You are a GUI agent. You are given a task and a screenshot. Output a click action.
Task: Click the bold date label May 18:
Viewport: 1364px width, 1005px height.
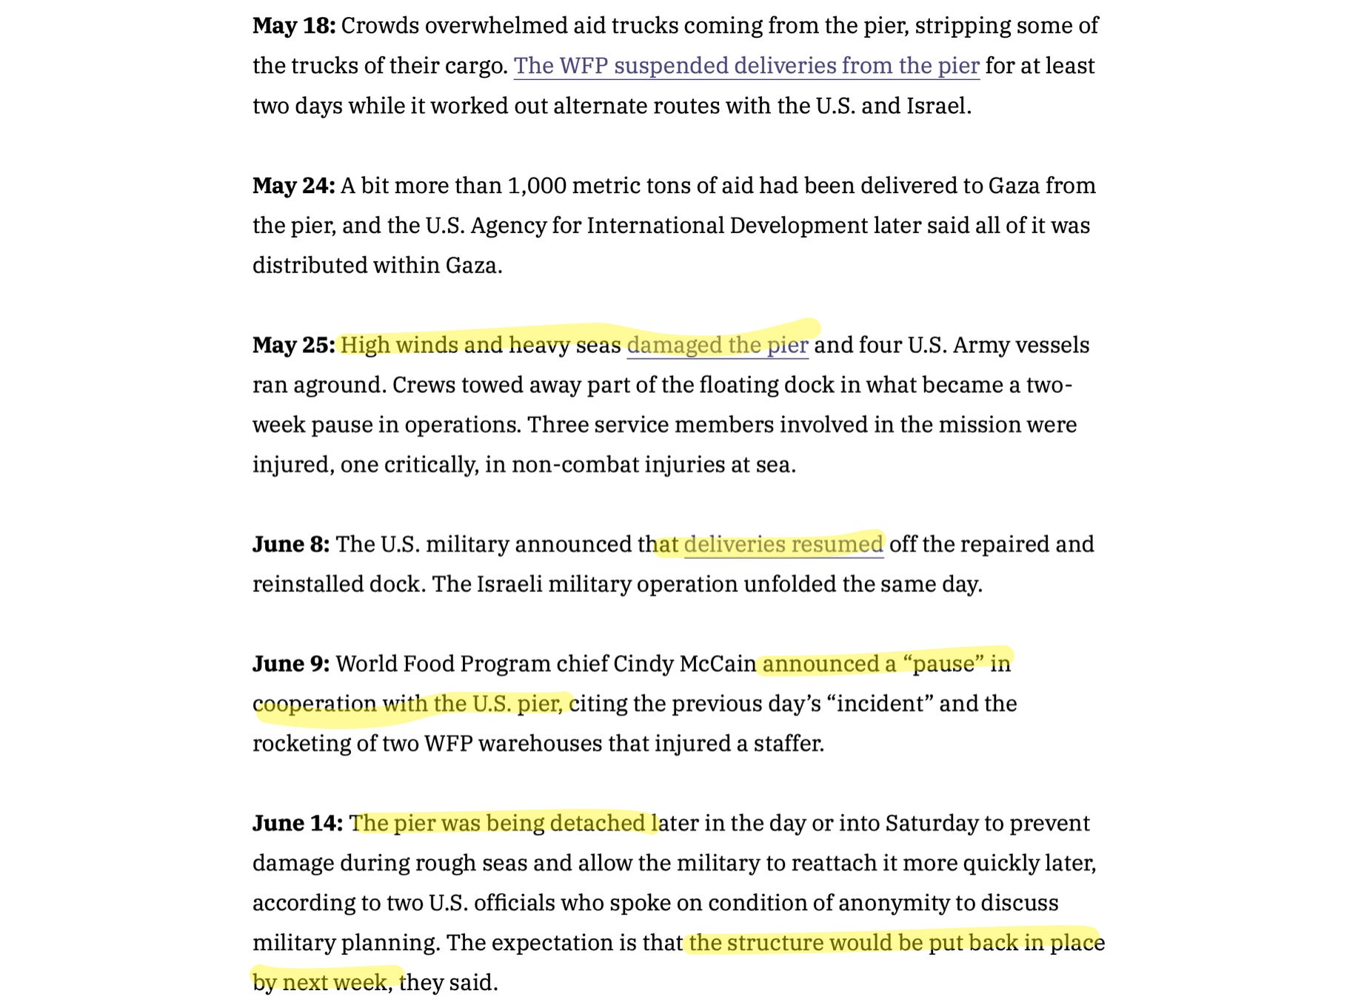[293, 26]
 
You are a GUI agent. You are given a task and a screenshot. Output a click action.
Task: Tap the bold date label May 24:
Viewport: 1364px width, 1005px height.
[293, 186]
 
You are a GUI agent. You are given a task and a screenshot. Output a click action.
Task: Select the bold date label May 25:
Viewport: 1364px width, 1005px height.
[293, 346]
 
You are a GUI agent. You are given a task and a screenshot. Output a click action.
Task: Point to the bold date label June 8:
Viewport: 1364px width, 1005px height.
[290, 545]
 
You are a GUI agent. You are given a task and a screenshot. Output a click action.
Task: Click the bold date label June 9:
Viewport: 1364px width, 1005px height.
[290, 664]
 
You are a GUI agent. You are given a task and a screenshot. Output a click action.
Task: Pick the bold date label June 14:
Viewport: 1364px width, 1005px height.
[297, 824]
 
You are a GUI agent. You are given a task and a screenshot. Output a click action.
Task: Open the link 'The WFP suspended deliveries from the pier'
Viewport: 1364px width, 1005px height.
[746, 66]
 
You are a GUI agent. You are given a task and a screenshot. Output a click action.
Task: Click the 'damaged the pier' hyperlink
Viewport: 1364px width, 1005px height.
[717, 346]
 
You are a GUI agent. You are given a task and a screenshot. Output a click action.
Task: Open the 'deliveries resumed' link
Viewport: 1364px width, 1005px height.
[783, 545]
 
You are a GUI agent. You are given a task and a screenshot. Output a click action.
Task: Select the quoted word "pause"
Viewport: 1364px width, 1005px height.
[943, 664]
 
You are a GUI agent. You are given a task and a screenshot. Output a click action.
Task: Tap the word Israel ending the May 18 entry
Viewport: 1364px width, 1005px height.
[937, 106]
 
